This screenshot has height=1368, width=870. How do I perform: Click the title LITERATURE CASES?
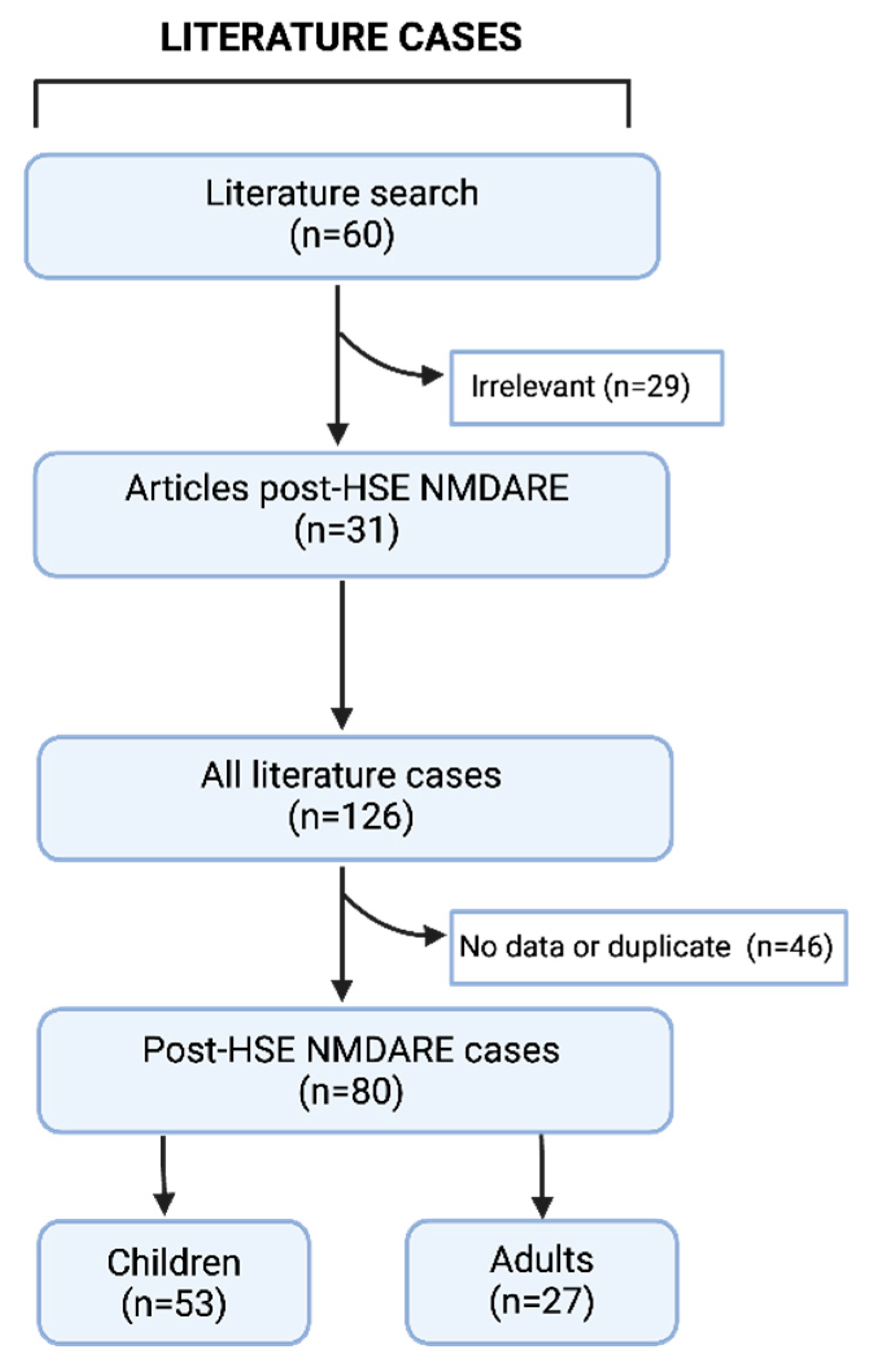341,38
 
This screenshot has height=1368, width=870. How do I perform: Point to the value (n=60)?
342,235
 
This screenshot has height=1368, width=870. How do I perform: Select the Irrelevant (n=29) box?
586,387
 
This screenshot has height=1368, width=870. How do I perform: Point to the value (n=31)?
347,530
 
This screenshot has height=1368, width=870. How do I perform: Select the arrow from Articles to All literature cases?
342,653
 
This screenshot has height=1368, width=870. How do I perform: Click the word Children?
174,1262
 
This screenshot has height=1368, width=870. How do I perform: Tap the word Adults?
542,1259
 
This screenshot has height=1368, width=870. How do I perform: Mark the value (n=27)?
542,1302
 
